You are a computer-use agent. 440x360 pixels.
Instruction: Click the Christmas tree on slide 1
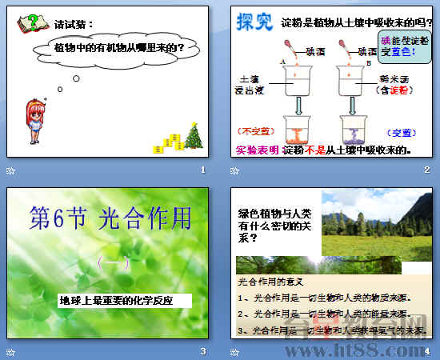tap(194, 137)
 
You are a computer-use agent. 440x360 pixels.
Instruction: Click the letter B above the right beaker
tap(367, 62)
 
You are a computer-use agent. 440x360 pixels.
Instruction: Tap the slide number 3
tap(203, 351)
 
